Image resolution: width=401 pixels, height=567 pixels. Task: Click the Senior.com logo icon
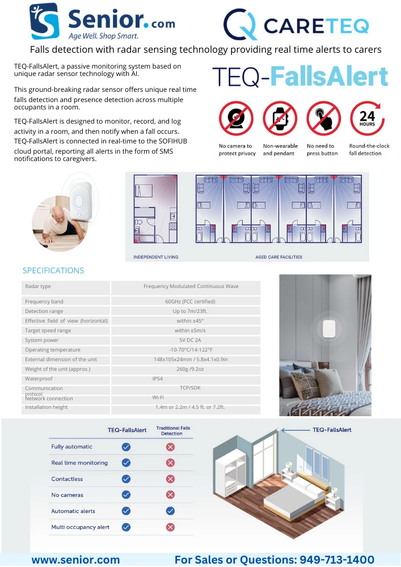coord(44,21)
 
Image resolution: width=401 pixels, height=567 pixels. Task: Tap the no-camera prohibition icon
coord(232,119)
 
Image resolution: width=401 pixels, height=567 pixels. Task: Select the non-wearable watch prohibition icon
coord(276,119)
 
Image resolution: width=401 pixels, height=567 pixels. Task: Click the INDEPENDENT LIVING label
coord(155,257)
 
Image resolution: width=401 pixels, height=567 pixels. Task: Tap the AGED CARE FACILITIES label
coord(278,257)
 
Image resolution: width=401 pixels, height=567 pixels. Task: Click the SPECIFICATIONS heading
coord(53,270)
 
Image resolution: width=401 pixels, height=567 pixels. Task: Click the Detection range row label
coord(44,311)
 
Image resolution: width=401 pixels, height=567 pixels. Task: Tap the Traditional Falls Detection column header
coord(172,431)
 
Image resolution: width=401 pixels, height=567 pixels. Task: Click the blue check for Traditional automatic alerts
coord(170,511)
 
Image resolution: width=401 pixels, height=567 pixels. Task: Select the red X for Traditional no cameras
coord(170,495)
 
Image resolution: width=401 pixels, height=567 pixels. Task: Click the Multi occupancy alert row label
coord(80,527)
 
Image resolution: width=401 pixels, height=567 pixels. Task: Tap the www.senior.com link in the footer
coord(75,560)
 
